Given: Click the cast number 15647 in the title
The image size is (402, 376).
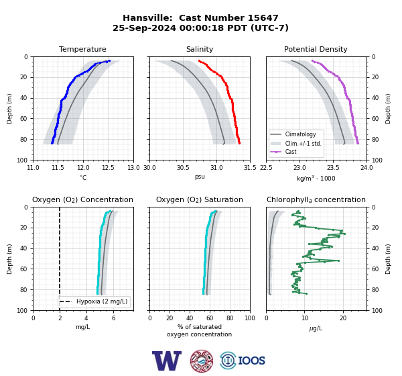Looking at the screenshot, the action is (x=263, y=18).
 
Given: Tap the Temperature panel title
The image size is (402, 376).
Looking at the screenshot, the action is (x=82, y=49).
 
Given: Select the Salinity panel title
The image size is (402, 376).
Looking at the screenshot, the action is (x=200, y=49).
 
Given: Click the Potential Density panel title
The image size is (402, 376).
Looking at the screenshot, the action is (x=316, y=49).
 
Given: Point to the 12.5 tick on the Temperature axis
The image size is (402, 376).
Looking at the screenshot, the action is (x=108, y=168).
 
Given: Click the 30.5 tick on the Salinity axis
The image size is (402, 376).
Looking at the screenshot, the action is (x=183, y=168).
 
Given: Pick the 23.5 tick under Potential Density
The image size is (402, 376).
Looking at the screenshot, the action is (x=333, y=168).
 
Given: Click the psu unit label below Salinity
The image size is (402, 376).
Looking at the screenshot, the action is (x=200, y=177).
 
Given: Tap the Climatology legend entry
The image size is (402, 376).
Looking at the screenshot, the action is (x=300, y=134).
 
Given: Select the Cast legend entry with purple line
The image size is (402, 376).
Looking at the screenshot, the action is (x=291, y=152).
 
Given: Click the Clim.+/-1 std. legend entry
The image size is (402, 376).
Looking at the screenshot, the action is (x=303, y=144).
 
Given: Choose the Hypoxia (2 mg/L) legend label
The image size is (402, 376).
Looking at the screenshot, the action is (x=102, y=301).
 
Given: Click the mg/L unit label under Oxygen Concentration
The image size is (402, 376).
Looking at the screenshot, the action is (x=83, y=327).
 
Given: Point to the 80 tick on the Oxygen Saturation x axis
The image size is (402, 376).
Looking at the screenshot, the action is (x=230, y=318).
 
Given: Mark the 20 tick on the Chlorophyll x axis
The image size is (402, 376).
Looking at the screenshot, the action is (x=343, y=318).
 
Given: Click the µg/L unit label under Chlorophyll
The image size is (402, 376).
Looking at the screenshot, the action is (x=316, y=328).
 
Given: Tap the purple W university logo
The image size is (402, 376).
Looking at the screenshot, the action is (x=167, y=361).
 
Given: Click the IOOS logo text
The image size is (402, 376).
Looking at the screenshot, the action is (x=251, y=361).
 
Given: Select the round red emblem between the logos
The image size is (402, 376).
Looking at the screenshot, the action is (x=202, y=361).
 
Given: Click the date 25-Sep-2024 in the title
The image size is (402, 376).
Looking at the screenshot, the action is (x=144, y=28).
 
